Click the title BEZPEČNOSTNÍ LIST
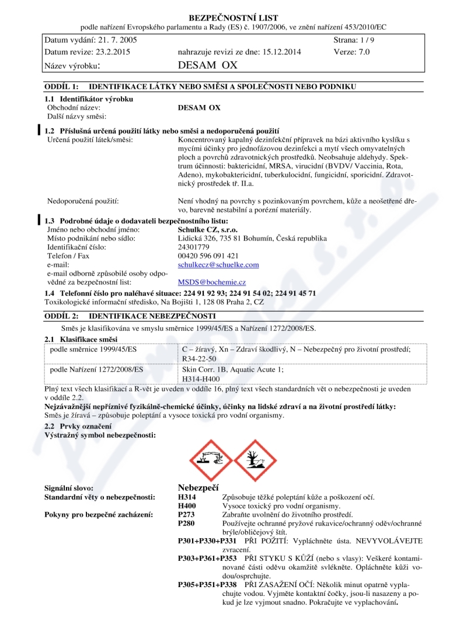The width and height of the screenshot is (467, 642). pyautogui.click(x=233, y=18)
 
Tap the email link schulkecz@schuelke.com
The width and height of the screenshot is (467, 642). pyautogui.click(x=218, y=264)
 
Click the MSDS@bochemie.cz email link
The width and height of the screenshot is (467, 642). pyautogui.click(x=212, y=282)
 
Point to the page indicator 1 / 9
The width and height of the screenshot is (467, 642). pyautogui.click(x=365, y=40)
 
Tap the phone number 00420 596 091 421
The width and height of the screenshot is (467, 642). pyautogui.click(x=208, y=256)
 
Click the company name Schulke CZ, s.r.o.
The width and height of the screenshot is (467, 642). pyautogui.click(x=203, y=229)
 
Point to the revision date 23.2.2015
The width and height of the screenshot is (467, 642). pyautogui.click(x=110, y=51)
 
